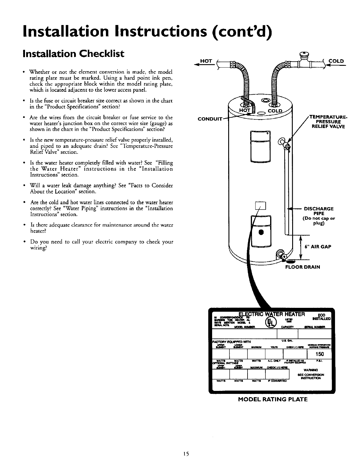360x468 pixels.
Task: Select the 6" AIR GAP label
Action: tap(318, 247)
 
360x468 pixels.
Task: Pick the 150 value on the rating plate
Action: tap(318, 354)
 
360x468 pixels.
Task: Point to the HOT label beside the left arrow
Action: tap(206, 61)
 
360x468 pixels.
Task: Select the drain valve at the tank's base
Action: tap(281, 254)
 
